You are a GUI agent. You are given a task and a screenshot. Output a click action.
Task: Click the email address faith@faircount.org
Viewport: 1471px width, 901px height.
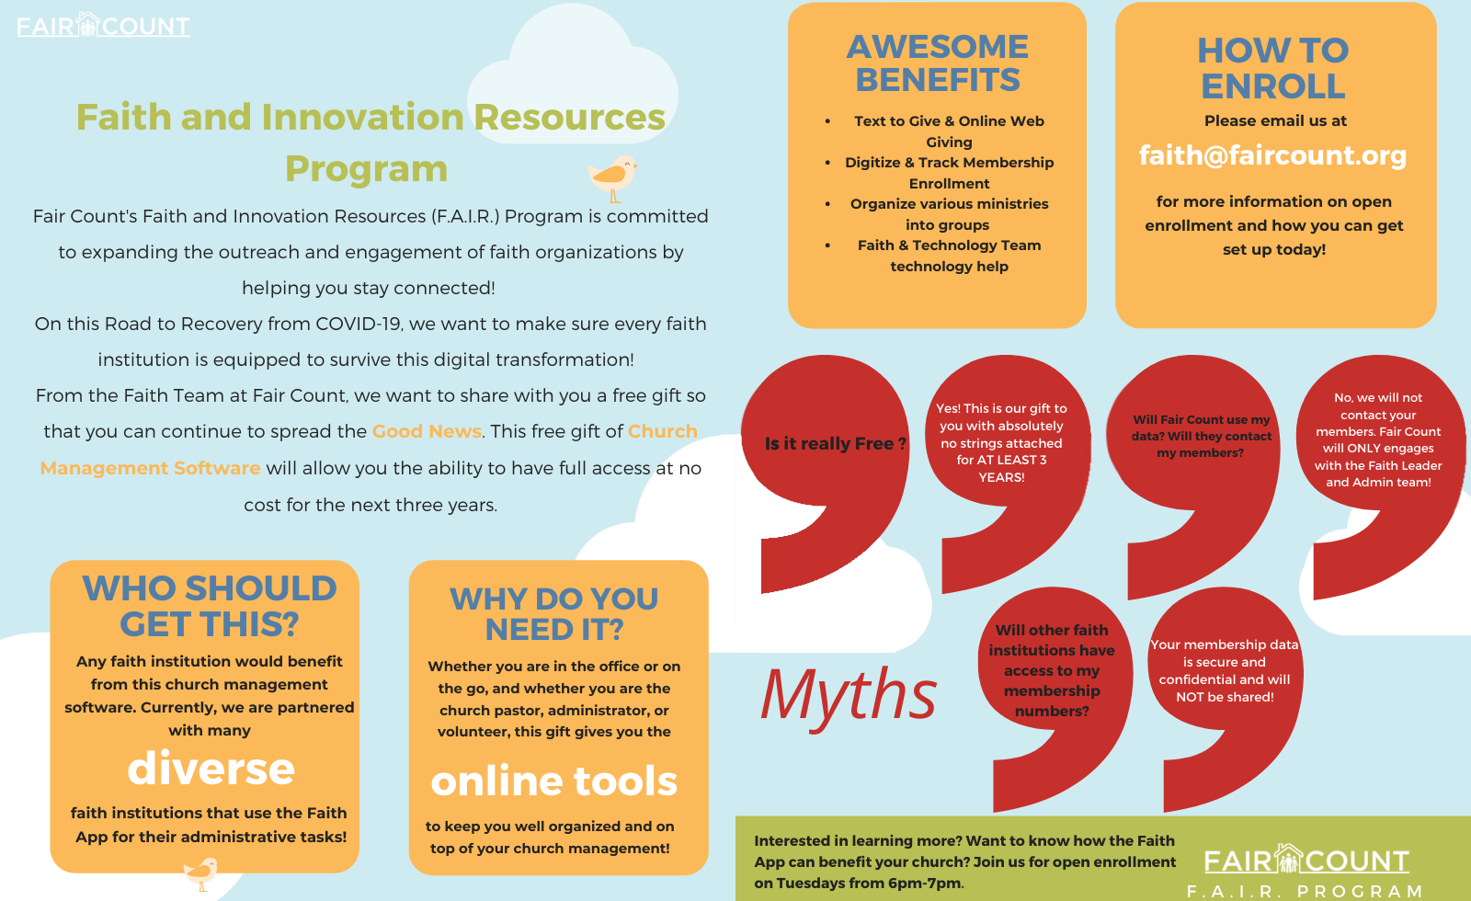[x=1272, y=155]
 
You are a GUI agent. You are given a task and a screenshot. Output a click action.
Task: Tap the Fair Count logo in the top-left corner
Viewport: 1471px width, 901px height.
[x=103, y=26]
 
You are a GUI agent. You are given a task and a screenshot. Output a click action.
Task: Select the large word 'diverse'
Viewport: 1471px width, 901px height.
[x=211, y=769]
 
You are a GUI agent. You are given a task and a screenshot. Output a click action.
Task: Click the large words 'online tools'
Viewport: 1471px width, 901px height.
[x=553, y=781]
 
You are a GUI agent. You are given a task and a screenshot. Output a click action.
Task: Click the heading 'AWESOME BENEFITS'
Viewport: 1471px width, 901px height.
[x=937, y=63]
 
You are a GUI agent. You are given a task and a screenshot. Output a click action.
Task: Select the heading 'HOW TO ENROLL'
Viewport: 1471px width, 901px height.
[x=1272, y=68]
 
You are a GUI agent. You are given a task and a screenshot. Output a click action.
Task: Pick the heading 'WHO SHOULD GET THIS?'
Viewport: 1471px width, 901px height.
[x=210, y=606]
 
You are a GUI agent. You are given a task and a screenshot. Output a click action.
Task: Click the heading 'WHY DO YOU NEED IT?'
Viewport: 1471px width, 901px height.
[x=554, y=613]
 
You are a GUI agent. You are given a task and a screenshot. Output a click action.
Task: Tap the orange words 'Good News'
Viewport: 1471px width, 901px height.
[x=427, y=431]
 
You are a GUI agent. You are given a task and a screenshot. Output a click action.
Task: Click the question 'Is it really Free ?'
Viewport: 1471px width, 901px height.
[x=836, y=444]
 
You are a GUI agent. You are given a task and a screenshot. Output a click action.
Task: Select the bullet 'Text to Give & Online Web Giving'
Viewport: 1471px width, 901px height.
[x=949, y=131]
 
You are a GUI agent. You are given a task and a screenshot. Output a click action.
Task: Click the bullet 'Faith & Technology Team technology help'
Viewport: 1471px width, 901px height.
[x=949, y=256]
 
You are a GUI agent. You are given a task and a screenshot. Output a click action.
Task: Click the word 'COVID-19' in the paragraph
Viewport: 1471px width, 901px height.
[x=359, y=324]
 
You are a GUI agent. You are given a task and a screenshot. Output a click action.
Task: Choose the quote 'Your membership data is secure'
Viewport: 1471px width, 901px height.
[x=1225, y=670]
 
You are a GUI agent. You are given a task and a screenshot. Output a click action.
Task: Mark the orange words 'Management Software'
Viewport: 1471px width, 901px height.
[x=151, y=468]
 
